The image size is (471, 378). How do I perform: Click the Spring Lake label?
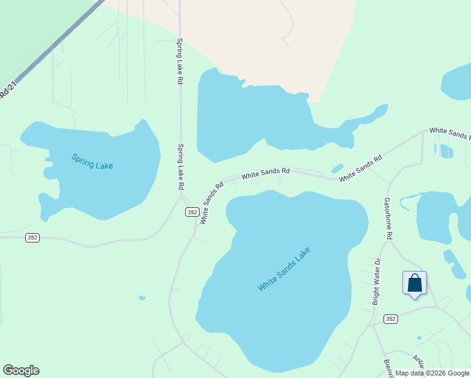click(x=92, y=161)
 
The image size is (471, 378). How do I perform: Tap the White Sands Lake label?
click(x=284, y=269)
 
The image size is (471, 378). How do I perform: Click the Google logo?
click(x=21, y=370)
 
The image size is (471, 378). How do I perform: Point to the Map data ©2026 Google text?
click(x=432, y=373)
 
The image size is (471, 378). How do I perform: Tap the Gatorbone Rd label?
click(x=389, y=218)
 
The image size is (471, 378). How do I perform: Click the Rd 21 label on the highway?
click(x=6, y=88)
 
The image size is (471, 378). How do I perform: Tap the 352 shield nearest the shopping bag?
click(x=390, y=319)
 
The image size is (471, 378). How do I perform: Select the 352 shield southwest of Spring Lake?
click(x=33, y=238)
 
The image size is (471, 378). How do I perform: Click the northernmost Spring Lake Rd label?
click(x=179, y=62)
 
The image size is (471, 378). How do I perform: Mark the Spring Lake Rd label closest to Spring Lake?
click(x=180, y=167)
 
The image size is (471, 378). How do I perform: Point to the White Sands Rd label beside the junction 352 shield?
click(x=212, y=203)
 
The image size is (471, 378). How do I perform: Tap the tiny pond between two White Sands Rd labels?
click(x=338, y=168)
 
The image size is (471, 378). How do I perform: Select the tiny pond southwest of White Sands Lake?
click(x=142, y=297)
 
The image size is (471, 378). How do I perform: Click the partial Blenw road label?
click(x=388, y=368)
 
